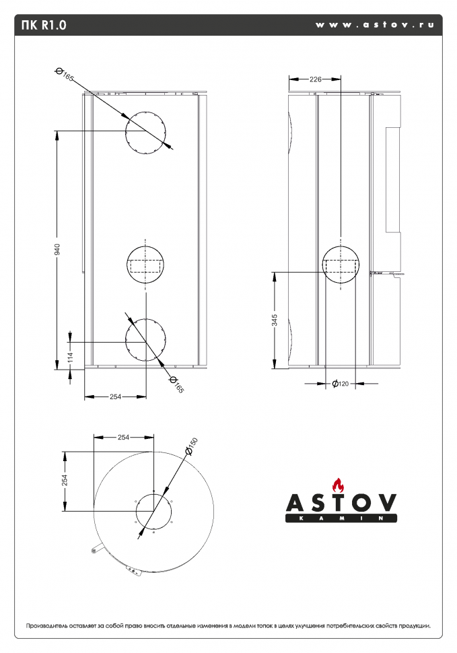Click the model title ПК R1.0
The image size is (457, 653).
(44, 25)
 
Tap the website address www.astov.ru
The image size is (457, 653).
(375, 24)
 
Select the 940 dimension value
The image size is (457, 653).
(57, 250)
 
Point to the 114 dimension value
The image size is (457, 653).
(71, 357)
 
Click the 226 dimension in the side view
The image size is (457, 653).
(316, 79)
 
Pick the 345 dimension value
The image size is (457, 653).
(275, 320)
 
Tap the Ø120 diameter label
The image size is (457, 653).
(341, 384)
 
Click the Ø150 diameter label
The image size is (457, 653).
(191, 446)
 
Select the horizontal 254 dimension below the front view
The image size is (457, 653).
(115, 397)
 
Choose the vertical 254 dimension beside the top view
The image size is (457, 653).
(65, 480)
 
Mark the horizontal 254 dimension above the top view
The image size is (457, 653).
(124, 438)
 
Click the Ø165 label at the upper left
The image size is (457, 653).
(65, 74)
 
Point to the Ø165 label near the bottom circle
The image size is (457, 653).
(176, 384)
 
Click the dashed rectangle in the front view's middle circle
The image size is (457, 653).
(145, 266)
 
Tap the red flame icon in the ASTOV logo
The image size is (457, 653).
(338, 485)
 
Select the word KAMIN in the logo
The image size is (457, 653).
(341, 518)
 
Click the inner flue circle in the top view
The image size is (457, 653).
(153, 511)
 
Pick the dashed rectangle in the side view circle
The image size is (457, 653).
(341, 266)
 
